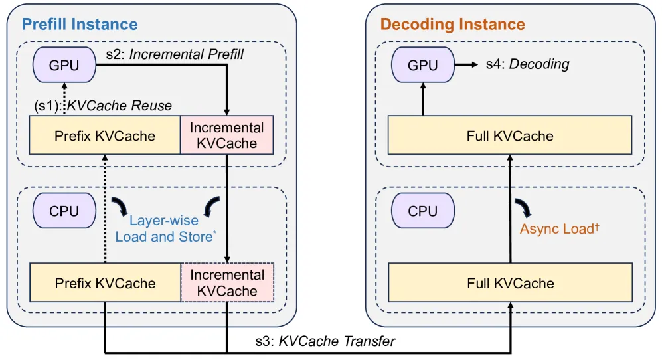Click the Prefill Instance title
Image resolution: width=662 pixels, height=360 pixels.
80,24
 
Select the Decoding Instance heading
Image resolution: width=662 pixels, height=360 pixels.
453,24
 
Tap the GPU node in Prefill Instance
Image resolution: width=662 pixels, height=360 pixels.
64,65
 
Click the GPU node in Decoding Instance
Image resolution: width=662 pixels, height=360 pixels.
422,65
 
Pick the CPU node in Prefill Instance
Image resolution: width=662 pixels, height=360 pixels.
64,211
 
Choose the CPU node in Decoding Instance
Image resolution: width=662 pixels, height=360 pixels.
422,211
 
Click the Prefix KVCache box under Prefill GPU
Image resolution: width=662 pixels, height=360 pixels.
105,135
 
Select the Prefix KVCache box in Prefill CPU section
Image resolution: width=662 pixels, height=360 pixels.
105,283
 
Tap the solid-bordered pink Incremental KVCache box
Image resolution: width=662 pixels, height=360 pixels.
226,135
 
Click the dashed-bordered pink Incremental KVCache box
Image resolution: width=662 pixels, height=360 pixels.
227,283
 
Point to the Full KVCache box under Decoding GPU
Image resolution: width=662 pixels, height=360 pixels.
510,135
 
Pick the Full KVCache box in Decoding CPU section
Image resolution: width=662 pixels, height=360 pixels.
511,283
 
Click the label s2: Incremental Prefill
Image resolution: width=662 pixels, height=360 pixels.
175,54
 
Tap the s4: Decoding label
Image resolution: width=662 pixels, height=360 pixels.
527,64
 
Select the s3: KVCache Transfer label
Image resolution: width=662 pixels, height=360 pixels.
325,341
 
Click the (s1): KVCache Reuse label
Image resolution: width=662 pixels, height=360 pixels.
103,105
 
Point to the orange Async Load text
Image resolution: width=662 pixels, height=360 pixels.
559,228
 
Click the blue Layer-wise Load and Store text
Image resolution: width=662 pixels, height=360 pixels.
165,228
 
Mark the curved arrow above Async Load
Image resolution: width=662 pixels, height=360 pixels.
523,207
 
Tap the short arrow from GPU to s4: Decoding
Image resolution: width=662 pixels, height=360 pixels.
466,64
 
